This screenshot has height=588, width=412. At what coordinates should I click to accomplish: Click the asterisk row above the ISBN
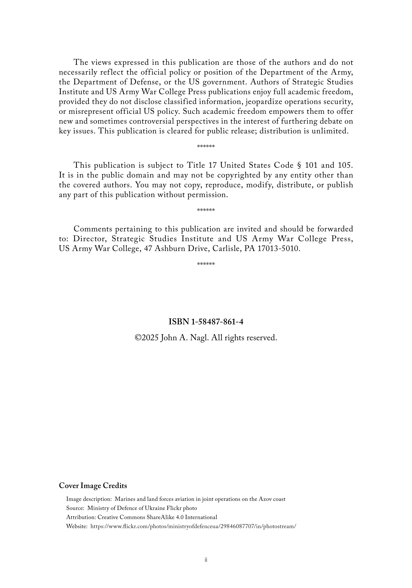click(206, 264)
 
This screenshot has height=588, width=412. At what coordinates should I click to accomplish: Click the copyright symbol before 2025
click(138, 338)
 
